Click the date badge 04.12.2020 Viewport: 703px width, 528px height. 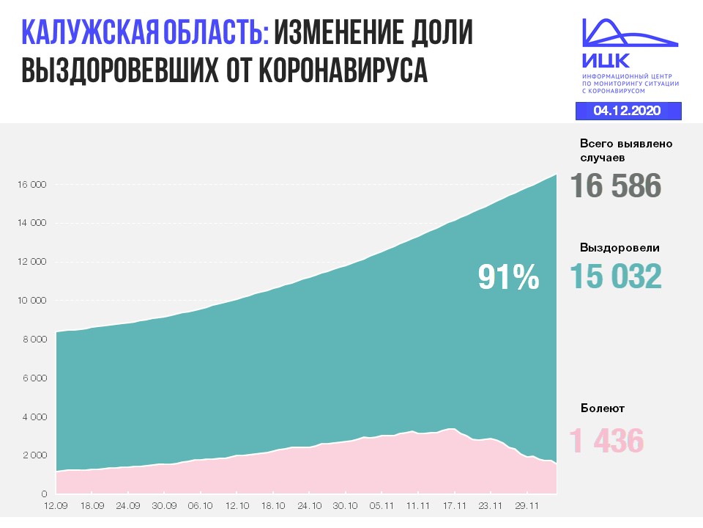point(628,111)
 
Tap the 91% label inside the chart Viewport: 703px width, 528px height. point(508,277)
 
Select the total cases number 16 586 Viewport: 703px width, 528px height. point(615,186)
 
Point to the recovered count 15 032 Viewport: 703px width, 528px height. point(615,276)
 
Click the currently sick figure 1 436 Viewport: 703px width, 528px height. point(606,441)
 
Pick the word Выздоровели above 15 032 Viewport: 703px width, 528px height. point(620,247)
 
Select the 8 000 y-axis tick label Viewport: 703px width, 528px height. point(33,340)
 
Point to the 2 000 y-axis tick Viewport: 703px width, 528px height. point(33,455)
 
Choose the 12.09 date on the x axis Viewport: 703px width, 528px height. point(56,505)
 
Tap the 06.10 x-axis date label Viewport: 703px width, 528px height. point(201,505)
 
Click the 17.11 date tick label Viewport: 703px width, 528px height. point(455,505)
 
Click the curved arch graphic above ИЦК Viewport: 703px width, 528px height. point(628,33)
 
